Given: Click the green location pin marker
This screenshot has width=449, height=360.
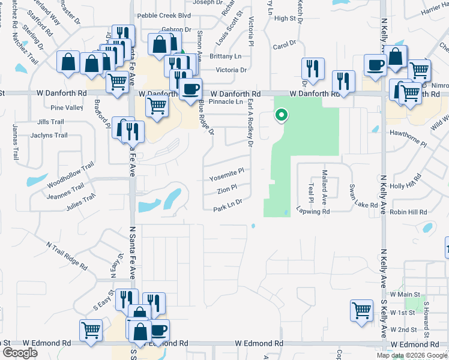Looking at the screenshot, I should point(280,114).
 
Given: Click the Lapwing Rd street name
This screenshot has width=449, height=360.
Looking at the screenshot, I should point(313,212).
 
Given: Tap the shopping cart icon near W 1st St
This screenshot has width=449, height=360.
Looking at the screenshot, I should point(361,311).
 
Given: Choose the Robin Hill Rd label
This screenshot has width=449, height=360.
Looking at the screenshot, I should point(408,212).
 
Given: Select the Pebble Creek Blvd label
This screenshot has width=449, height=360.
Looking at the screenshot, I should point(164,16).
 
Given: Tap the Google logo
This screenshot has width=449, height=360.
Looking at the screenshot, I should point(19,353).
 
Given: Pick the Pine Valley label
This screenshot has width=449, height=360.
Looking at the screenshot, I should point(67,108).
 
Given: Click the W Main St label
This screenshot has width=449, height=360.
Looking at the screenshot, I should point(403,295).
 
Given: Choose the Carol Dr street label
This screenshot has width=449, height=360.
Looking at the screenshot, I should point(284,44).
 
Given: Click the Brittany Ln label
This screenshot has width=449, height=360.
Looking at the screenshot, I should point(226,56).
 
